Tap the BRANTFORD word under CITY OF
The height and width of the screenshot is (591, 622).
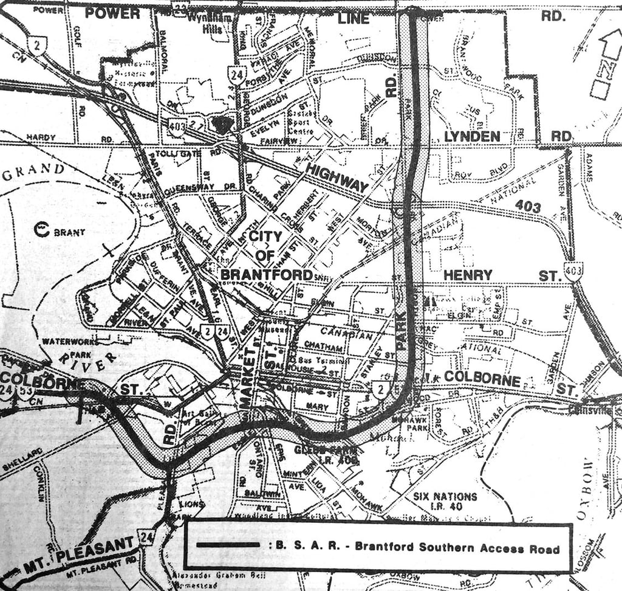pos(266,274)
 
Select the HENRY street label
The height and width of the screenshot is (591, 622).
pos(467,275)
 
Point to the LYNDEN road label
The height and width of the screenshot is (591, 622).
pos(471,136)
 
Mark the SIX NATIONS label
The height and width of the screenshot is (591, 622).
pos(445,496)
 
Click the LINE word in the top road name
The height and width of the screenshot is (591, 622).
pos(354,18)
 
